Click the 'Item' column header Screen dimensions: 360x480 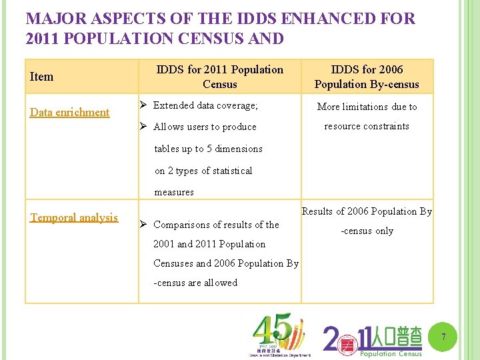(42, 77)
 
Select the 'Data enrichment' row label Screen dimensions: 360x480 (69, 112)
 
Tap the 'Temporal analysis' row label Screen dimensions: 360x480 (74, 217)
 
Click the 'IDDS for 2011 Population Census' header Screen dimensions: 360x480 (219, 77)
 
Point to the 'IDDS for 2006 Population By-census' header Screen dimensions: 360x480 (367, 77)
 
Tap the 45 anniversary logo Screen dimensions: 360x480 (279, 336)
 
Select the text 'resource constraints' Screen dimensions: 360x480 (367, 126)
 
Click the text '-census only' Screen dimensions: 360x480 (367, 231)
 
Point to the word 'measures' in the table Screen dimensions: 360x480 (174, 192)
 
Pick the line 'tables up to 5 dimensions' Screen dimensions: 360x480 (208, 149)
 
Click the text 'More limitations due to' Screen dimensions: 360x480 (367, 107)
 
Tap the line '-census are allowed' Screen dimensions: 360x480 (195, 283)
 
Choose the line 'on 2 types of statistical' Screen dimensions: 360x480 (203, 171)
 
